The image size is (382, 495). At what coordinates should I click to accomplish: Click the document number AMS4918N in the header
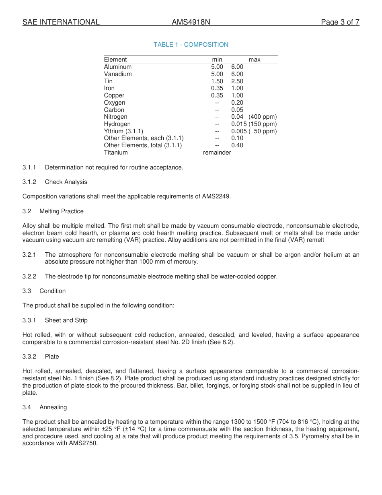point(191,22)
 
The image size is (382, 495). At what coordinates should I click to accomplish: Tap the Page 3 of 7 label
point(340,22)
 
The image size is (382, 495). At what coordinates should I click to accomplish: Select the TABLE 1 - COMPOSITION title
point(191,45)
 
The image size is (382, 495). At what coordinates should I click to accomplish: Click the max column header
point(254,60)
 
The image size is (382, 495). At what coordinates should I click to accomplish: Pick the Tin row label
point(108,81)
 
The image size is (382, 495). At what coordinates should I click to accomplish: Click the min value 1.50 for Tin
point(217,81)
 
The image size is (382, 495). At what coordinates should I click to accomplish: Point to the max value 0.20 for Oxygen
point(237,103)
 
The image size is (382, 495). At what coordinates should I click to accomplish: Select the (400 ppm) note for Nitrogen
point(263,117)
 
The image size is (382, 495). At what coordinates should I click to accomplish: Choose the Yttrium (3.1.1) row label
point(123,131)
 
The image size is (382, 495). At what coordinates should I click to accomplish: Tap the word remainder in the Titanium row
point(217,153)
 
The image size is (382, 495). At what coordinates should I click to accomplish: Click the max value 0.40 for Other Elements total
point(237,145)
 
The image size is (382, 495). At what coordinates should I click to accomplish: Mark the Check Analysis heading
point(66,182)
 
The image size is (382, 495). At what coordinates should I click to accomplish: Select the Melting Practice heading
point(62,211)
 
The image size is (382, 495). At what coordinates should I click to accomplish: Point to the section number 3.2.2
point(29,276)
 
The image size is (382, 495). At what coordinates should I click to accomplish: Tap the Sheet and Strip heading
point(66,320)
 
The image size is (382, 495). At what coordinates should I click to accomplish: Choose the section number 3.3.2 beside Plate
point(29,357)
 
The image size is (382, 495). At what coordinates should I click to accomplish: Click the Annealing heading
point(53,407)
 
